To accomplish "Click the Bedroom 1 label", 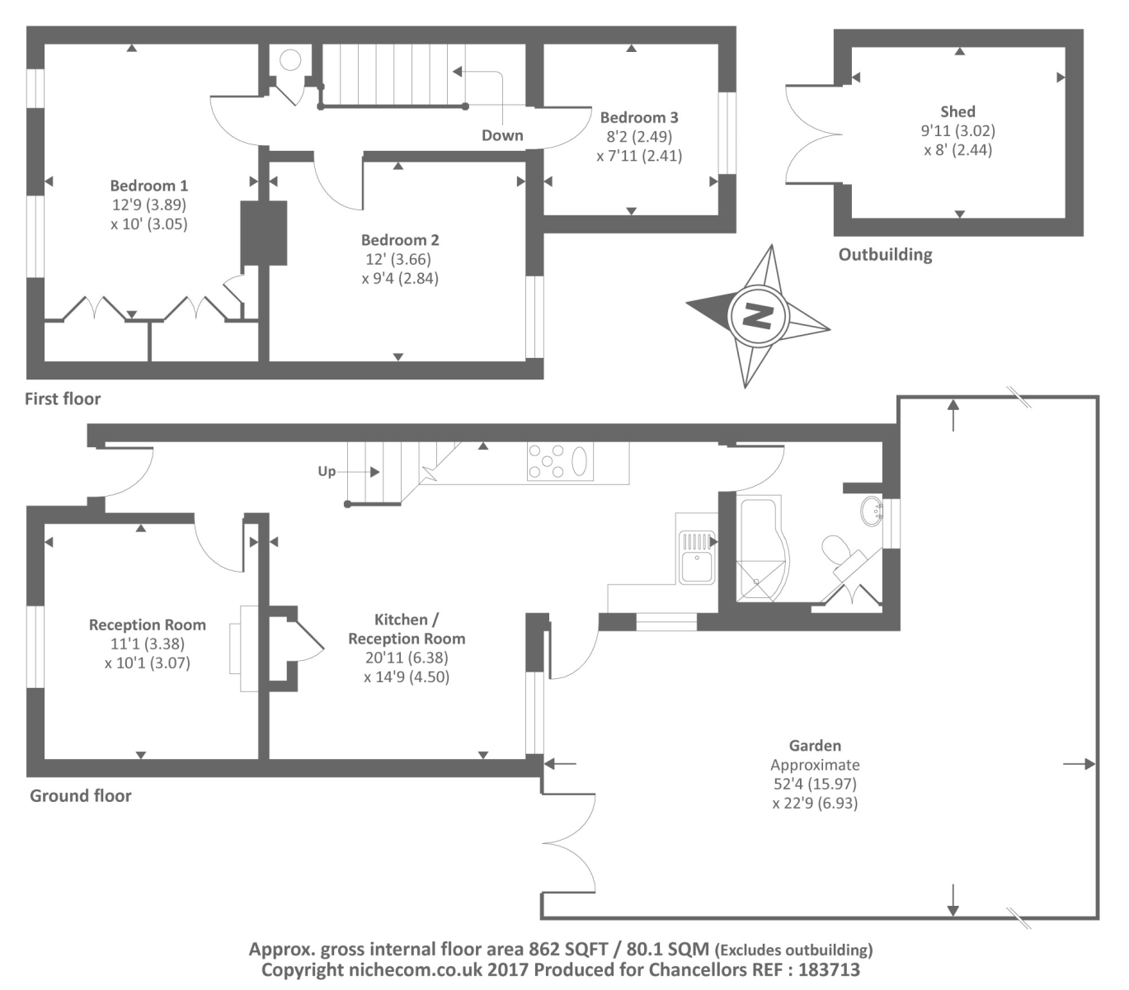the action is [148, 186].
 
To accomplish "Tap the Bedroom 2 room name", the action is [400, 240].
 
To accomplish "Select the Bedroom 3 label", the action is [639, 117].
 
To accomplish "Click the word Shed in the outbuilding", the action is [957, 111].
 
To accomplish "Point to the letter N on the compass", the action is [757, 315].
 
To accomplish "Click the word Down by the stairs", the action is [502, 135].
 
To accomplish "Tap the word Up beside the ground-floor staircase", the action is [327, 471].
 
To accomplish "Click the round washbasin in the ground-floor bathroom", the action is [871, 511].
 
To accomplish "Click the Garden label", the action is [814, 746].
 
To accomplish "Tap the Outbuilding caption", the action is [885, 254].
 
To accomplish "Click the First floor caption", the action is [63, 398].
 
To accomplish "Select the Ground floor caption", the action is [81, 795].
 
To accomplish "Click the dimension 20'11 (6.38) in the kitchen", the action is [407, 658].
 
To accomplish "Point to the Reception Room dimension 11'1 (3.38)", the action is [148, 643].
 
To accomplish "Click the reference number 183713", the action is [829, 969].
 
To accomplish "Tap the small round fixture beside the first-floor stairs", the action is [289, 59].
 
